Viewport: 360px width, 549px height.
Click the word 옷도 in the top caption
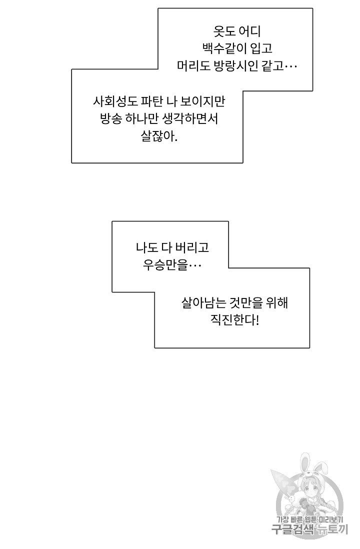223,31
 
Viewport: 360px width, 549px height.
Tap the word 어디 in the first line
249,31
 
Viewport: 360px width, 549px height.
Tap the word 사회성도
114,101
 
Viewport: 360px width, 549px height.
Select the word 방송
111,118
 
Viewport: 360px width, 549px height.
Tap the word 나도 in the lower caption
146,248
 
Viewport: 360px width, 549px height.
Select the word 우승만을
167,265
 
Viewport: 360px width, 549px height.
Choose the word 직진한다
234,320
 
